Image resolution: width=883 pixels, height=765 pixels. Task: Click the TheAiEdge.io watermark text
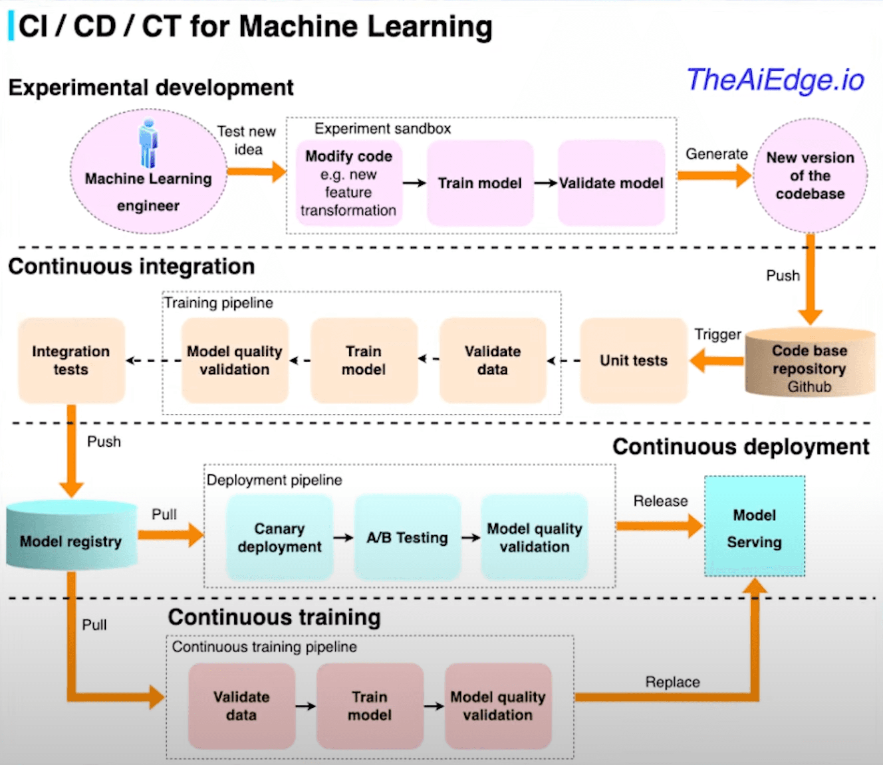(x=775, y=80)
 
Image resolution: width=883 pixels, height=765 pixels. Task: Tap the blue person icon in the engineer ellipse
(x=148, y=144)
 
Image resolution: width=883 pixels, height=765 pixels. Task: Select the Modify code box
(x=349, y=183)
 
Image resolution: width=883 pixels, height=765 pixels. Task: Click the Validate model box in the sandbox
(x=611, y=183)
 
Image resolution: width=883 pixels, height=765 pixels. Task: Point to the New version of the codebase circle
(x=810, y=176)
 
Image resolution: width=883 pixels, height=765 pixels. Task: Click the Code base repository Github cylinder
(x=809, y=363)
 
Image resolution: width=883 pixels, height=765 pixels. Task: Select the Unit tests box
(x=633, y=360)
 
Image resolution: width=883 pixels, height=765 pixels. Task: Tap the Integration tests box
(x=71, y=360)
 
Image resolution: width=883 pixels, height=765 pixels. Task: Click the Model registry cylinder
(x=71, y=536)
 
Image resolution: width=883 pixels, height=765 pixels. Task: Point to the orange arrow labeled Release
(x=659, y=526)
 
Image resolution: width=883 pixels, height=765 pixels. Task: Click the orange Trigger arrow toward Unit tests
(x=717, y=361)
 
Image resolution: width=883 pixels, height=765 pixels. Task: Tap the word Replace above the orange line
(x=672, y=682)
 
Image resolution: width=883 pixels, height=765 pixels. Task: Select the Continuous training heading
(x=274, y=617)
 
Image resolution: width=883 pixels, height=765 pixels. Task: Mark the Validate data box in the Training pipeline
(x=492, y=360)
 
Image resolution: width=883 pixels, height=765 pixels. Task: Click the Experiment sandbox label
(x=382, y=128)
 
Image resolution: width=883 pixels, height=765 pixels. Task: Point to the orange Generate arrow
(x=714, y=176)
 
